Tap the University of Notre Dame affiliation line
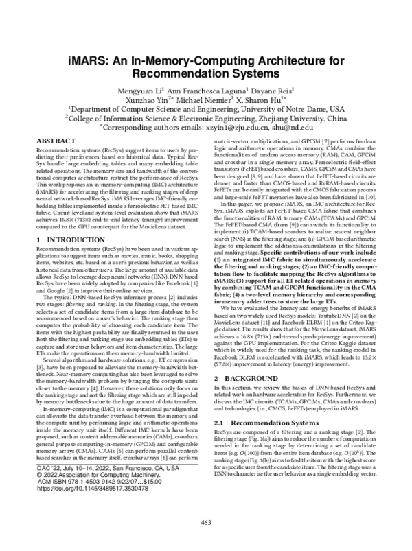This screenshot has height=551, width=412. (x=206, y=108)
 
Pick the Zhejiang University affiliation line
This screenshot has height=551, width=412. (x=206, y=117)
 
